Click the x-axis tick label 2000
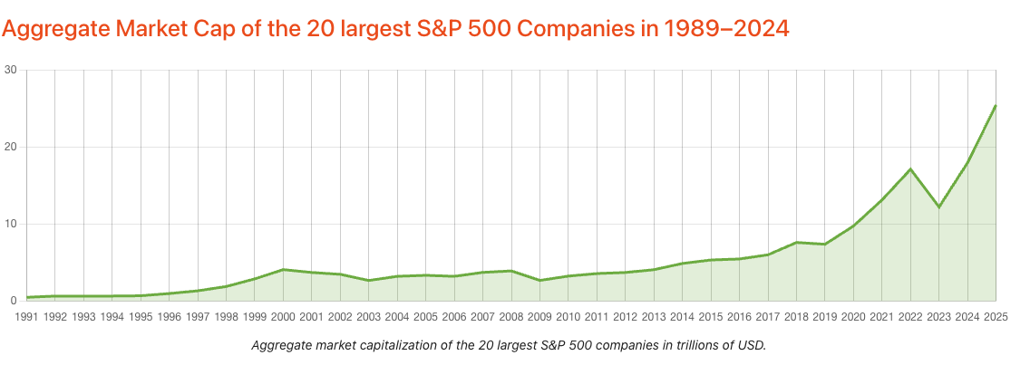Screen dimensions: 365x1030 [283, 317]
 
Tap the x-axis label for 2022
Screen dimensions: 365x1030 [909, 317]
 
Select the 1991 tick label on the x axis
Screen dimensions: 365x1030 [27, 317]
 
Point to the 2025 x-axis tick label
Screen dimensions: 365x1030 [995, 317]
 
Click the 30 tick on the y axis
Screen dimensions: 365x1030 [10, 70]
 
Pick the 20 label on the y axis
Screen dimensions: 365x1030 [10, 147]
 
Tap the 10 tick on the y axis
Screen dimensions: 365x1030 [10, 224]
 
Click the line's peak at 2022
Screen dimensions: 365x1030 [909, 169]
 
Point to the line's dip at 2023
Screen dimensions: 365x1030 [938, 207]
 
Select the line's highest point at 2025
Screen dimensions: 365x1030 [996, 106]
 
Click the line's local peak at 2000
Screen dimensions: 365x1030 [283, 269]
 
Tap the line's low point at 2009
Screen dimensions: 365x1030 [539, 280]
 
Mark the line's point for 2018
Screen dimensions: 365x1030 [796, 242]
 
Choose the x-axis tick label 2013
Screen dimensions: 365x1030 [654, 317]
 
